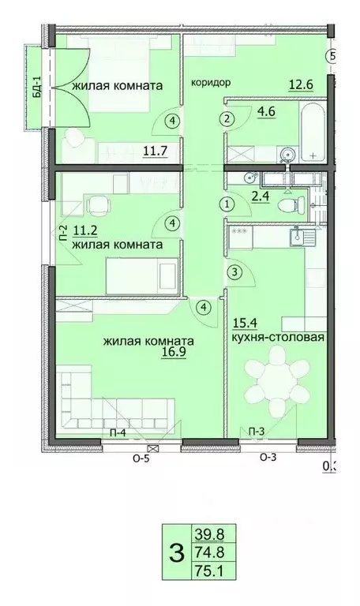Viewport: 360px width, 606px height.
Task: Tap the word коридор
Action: tap(210, 81)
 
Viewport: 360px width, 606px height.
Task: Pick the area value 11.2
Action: tap(84, 230)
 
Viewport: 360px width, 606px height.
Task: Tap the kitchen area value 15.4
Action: tap(244, 322)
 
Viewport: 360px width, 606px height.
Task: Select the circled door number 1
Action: tap(227, 204)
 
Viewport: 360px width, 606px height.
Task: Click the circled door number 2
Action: tap(227, 120)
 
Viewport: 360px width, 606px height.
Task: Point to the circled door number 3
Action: tap(233, 272)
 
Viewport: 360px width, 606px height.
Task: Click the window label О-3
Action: tap(268, 457)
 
